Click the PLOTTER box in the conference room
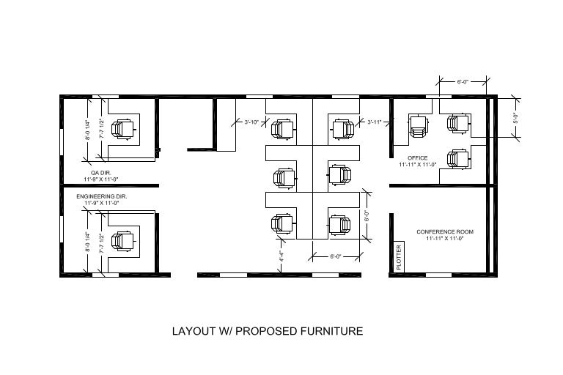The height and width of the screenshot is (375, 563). coord(400,257)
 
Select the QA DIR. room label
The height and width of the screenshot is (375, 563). coord(100,173)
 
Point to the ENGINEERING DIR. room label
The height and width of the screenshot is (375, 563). coord(102,197)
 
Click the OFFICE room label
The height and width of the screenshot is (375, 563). coord(418,158)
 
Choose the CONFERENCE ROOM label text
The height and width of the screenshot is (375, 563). coord(445,232)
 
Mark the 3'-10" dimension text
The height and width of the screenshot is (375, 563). coord(251,122)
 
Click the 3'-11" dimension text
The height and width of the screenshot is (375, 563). coord(375,122)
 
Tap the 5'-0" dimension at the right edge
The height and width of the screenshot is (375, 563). coord(515,116)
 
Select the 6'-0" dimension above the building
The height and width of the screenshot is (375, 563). coord(463,83)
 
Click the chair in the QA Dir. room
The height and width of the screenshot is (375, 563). coord(122,130)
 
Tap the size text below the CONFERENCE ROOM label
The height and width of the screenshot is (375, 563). coord(445,239)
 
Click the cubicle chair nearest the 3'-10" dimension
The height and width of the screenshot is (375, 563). coord(281,130)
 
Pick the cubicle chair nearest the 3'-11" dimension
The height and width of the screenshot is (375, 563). coord(342,130)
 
